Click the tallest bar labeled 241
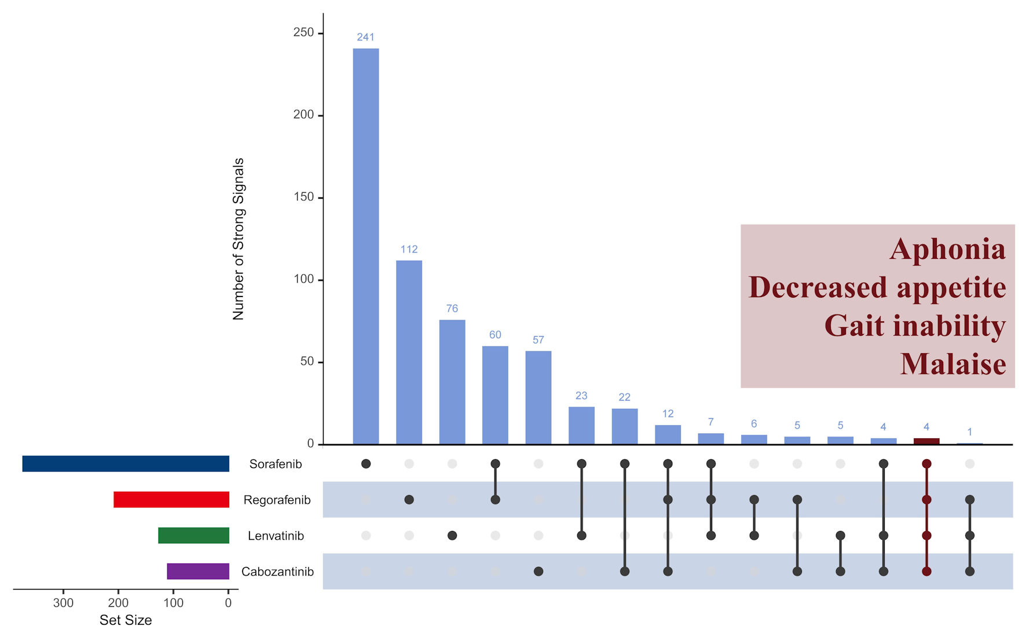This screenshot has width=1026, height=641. pos(366,246)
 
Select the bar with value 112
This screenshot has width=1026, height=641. pos(409,352)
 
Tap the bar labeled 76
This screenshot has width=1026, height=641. pos(452,382)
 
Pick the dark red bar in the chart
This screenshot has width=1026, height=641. pos(926,441)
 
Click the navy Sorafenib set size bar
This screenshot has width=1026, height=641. pos(126,464)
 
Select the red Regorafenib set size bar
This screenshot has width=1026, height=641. pos(171,500)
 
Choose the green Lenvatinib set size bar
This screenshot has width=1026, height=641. pos(193,536)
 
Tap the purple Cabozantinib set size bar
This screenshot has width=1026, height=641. pos(198,572)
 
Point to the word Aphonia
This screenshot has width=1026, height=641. pos(947,250)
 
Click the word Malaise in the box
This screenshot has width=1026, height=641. pos(952,364)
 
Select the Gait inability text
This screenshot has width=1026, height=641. pos(915,326)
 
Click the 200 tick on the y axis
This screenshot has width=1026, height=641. pos(303,115)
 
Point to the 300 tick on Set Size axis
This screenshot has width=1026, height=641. pos(63,603)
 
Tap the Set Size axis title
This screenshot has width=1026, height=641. pos(126,620)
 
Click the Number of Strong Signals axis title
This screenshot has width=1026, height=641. pos(238,239)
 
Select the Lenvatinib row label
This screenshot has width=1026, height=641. pos(276,536)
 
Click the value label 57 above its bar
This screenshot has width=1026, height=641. pos(538,340)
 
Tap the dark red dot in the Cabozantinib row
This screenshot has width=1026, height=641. pos(926,572)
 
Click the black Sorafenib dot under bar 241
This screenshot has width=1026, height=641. pos(366,464)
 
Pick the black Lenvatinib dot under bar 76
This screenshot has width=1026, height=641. pos(452,536)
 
